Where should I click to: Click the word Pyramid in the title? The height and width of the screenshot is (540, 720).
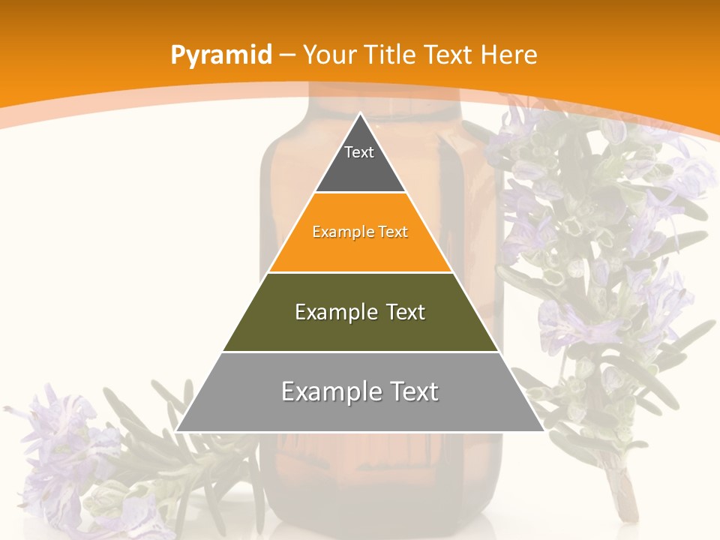[220, 55]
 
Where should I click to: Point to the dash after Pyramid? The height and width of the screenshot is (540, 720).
[286, 55]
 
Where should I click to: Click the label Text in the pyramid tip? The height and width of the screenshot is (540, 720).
[359, 152]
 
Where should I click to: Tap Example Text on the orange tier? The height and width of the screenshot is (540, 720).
[360, 232]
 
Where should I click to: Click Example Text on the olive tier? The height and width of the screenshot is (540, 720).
[360, 312]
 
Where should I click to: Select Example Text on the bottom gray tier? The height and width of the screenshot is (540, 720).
[360, 391]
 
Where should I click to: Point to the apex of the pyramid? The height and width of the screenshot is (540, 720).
[360, 114]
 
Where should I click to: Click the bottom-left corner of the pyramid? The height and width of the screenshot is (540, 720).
[177, 430]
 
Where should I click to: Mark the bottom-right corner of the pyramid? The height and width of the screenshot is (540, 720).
[543, 430]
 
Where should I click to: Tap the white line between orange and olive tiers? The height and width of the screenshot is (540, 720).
[360, 272]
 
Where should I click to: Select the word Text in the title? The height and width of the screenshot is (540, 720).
[450, 55]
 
